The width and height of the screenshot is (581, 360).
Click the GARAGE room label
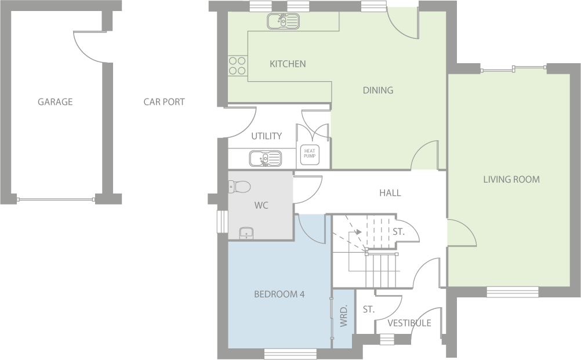(55, 102)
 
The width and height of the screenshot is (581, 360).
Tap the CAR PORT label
(164, 102)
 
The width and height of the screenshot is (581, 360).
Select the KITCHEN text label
(288, 64)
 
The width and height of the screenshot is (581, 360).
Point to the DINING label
(377, 90)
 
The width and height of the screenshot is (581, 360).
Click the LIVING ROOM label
(511, 179)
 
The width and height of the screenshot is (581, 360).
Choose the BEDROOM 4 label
(279, 294)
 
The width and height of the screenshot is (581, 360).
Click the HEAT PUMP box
(310, 154)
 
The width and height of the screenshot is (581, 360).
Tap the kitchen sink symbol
(283, 21)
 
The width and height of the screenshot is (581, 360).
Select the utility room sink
(265, 158)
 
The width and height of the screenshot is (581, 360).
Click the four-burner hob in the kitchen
(237, 65)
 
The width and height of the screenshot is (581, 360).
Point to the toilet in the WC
(239, 186)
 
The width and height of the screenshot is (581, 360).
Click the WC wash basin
(246, 233)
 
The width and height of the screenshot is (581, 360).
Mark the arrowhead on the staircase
(359, 232)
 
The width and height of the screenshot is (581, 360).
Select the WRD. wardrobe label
(343, 316)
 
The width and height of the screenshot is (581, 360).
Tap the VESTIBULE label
(409, 323)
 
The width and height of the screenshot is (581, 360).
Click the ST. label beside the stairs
(398, 231)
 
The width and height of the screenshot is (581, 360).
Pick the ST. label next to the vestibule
(368, 310)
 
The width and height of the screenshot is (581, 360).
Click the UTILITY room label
(266, 136)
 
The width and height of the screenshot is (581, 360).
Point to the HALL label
(390, 192)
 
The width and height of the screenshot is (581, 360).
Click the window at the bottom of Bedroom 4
(290, 353)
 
